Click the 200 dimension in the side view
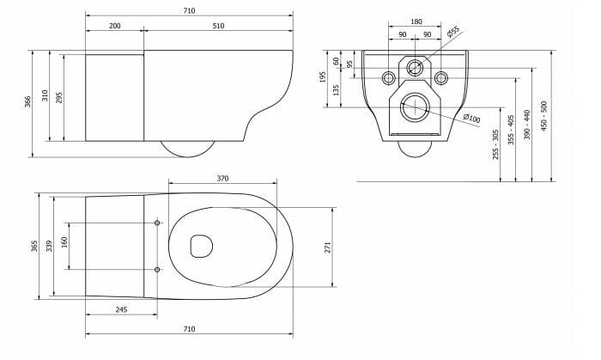point(114,27)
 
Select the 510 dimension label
point(218,27)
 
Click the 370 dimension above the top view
point(222,178)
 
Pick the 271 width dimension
point(328,247)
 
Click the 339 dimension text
point(49,247)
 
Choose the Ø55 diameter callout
point(453,31)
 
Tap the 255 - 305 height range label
point(495,144)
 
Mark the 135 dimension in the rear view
point(336,88)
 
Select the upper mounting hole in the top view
point(157,223)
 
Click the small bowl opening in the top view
point(202,247)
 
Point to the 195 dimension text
point(323,78)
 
